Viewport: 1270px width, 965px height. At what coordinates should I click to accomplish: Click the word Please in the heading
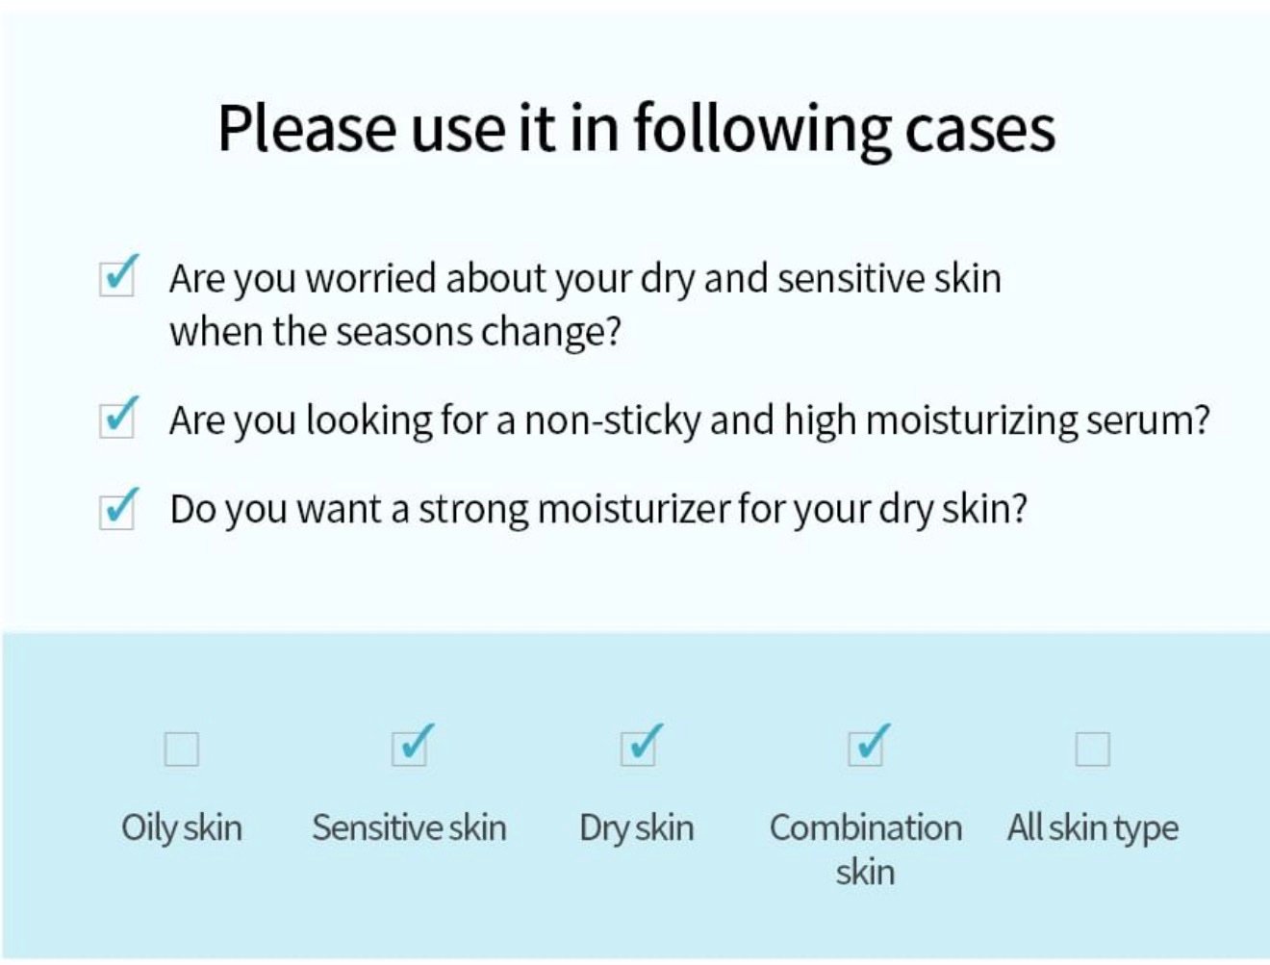307,129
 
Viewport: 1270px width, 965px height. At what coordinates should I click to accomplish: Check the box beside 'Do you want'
117,509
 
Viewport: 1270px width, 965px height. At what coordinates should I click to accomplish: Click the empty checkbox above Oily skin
181,749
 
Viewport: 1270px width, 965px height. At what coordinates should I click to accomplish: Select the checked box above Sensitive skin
410,747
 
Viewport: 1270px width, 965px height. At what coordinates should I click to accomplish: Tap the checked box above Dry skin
639,747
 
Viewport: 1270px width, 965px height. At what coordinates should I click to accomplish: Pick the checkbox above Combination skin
866,747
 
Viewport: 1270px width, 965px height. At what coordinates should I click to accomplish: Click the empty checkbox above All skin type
1092,749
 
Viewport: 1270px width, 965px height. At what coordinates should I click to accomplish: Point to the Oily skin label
182,828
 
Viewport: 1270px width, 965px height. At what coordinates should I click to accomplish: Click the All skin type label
1093,828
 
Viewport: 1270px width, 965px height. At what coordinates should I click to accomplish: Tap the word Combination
866,827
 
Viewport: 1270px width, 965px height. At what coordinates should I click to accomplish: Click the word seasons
404,333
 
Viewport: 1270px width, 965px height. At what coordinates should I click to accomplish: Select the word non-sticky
613,420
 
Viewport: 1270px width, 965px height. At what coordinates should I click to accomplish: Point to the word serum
1148,420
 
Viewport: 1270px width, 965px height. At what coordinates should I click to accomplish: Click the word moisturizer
633,510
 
